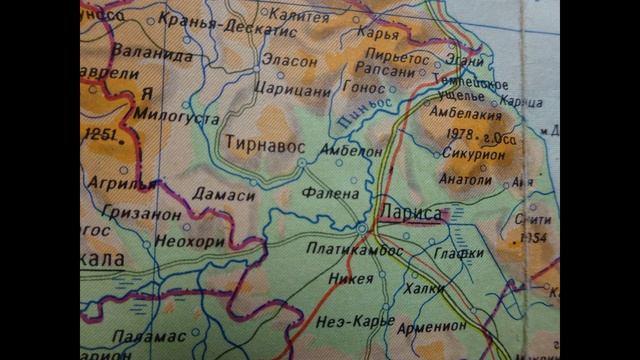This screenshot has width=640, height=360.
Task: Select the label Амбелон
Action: pyautogui.click(x=350, y=150)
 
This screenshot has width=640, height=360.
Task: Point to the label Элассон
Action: pyautogui.click(x=289, y=61)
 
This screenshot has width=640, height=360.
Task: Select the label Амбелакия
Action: pyautogui.click(x=464, y=112)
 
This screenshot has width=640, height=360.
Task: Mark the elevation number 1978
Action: pyautogui.click(x=461, y=134)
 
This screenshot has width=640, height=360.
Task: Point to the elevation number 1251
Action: pyautogui.click(x=101, y=134)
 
